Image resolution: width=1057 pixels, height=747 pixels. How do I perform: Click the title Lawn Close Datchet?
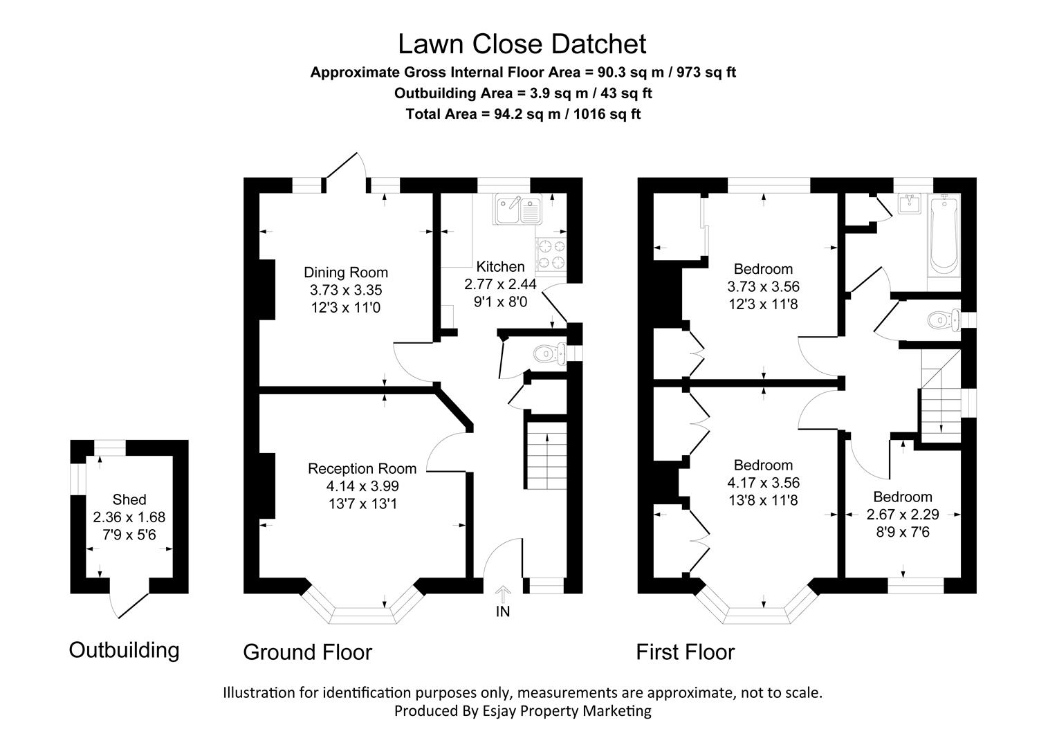[522, 44]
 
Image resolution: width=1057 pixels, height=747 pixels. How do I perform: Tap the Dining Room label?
[346, 272]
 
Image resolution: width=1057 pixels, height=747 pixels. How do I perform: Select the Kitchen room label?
[500, 266]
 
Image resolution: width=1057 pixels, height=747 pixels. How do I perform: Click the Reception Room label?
[362, 468]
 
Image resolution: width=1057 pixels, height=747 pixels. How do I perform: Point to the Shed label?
[129, 499]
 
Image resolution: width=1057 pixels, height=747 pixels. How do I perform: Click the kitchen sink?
[518, 210]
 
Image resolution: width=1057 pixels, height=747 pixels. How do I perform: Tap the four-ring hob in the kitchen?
[551, 254]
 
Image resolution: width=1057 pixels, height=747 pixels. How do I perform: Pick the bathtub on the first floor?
[944, 235]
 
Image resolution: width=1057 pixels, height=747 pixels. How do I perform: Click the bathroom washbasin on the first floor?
[908, 203]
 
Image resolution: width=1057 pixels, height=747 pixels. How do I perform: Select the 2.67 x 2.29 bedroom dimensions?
[903, 515]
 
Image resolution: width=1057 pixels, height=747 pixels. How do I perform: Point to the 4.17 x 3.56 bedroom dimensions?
[763, 483]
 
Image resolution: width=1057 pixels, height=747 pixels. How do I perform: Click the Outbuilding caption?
[124, 650]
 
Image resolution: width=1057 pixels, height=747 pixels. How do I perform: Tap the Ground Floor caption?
[307, 652]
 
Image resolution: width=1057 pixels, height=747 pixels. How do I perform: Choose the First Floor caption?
[685, 652]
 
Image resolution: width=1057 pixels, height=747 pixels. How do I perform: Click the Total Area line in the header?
[522, 114]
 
